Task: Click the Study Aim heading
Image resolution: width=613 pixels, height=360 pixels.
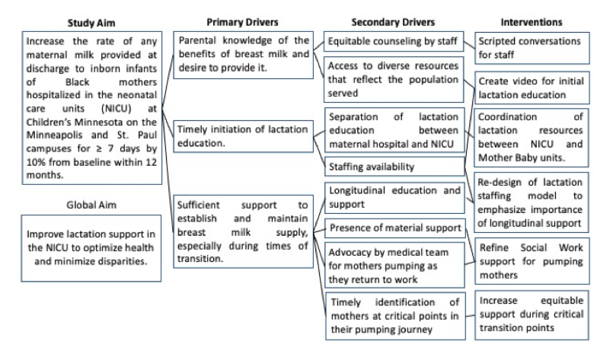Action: [x=91, y=23]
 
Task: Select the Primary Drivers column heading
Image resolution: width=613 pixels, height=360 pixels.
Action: [x=242, y=22]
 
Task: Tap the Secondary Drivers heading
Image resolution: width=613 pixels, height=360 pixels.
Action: [x=393, y=22]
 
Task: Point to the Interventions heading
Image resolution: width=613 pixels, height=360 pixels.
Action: [x=532, y=22]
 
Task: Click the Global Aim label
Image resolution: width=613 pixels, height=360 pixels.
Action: [x=91, y=205]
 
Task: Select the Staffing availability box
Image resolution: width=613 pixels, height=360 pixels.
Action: [x=394, y=167]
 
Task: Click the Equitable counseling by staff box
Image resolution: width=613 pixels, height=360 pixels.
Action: [x=394, y=41]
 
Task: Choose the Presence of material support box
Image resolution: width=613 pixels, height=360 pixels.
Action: [x=395, y=228]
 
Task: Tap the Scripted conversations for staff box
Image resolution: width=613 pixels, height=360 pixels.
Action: [x=532, y=48]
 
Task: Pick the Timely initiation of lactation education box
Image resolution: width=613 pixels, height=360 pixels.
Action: [x=243, y=136]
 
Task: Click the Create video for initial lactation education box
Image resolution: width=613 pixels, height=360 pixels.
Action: [x=532, y=88]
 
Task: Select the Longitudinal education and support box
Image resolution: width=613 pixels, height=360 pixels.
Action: [x=395, y=198]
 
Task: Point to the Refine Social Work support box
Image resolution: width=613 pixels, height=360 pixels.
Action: [x=532, y=261]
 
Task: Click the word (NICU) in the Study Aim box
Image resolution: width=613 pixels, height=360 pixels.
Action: [x=116, y=108]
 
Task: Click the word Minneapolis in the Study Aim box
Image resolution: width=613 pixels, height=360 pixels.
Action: [x=54, y=135]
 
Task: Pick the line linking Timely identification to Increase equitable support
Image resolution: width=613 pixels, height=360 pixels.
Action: [x=471, y=316]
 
